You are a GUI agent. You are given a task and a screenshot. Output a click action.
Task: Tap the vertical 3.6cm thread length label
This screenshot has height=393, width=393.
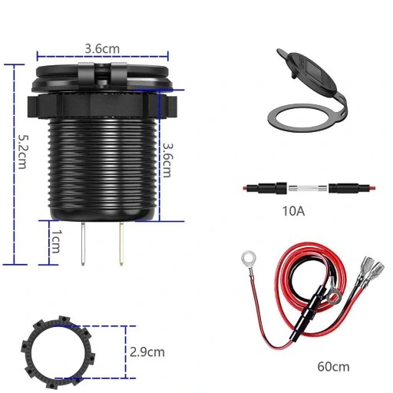tap(167, 160)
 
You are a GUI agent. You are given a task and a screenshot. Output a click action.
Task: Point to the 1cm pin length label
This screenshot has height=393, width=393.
tap(54, 242)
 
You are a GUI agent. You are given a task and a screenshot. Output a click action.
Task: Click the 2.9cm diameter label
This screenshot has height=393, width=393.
tap(147, 352)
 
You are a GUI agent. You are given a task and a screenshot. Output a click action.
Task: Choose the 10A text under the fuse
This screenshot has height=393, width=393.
tap(294, 210)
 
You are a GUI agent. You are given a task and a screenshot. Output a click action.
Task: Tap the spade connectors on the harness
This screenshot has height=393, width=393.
tap(370, 270)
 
